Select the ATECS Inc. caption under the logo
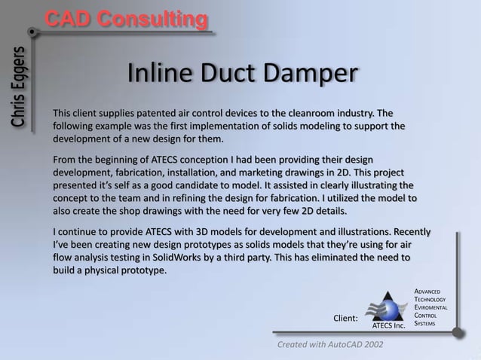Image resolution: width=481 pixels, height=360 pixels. coord(389,327)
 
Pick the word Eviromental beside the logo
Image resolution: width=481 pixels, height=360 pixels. coord(432,308)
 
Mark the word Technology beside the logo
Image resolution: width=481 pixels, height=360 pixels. coord(432,300)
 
